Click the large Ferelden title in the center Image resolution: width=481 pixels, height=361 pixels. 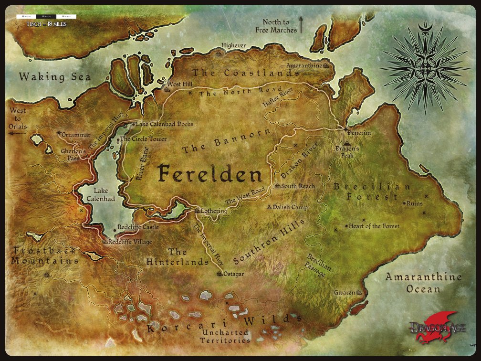coord(210,174)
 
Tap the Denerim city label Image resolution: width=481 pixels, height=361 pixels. coord(359,132)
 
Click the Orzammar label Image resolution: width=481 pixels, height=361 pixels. coord(75,135)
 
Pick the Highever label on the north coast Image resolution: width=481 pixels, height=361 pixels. coord(233,46)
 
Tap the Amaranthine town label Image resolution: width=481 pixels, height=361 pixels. coord(304,65)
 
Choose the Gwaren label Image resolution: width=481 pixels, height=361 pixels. coord(344,292)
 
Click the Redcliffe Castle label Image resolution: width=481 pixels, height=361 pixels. coord(138,228)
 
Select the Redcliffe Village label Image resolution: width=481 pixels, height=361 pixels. coord(130,242)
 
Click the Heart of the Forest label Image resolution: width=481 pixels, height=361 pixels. coord(374,226)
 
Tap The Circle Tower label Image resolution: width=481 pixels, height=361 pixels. coord(143,139)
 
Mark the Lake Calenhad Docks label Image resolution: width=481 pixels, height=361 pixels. coord(165,124)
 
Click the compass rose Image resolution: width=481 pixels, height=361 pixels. coord(425,67)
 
